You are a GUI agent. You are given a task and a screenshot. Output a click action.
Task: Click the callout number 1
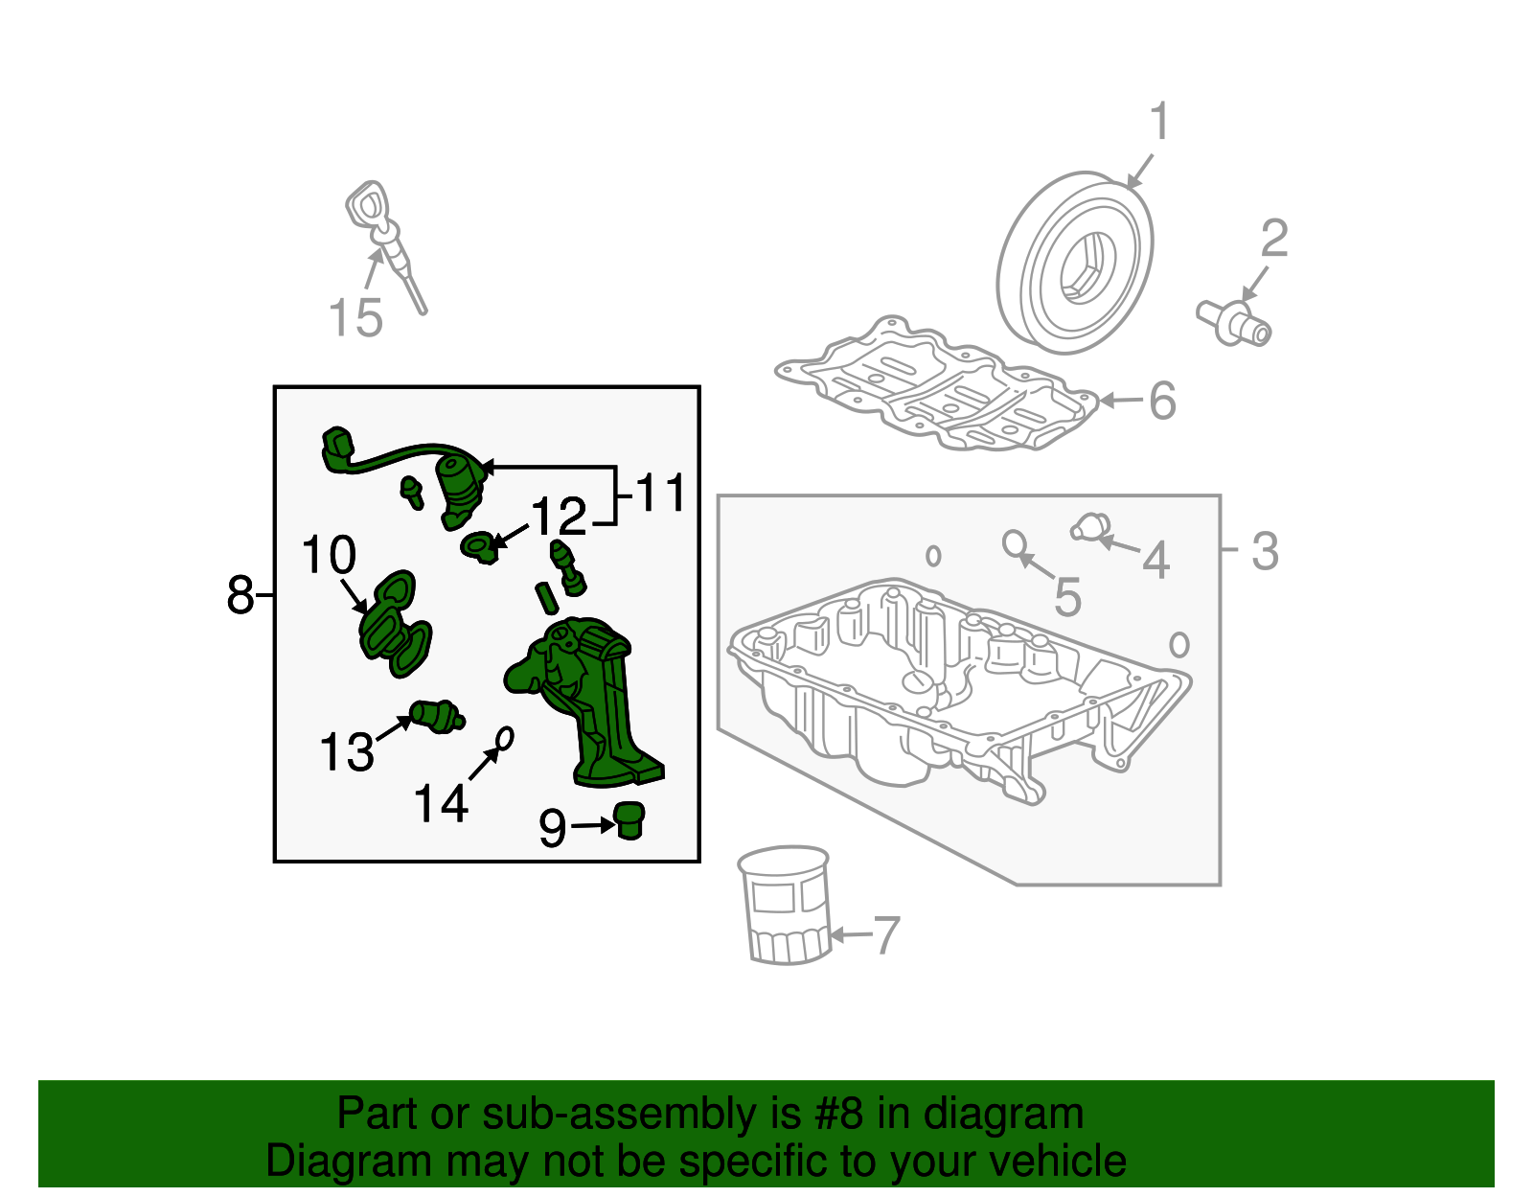coord(1159,122)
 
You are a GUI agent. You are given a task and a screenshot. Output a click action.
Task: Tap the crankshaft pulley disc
coord(1074,263)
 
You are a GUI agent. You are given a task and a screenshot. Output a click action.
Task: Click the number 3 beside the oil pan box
coord(1265,551)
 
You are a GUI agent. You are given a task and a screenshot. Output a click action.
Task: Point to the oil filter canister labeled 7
coord(785,905)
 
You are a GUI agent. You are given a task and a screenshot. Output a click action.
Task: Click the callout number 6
coord(1162,400)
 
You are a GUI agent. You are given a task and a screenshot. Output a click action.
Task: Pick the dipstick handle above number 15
coord(368,206)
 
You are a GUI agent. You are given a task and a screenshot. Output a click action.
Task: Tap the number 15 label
coord(355,317)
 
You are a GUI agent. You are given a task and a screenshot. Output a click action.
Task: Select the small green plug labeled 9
coord(629,820)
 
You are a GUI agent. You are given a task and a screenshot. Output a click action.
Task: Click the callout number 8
coord(240,594)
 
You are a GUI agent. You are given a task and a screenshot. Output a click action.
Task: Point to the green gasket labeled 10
coord(395,624)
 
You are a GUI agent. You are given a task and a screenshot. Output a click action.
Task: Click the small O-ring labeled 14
coord(505,739)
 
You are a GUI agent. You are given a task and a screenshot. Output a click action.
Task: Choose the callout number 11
coord(660,492)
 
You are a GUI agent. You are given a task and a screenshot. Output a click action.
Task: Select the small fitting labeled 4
coord(1090,528)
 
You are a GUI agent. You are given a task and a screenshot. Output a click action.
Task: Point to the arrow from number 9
coord(592,824)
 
